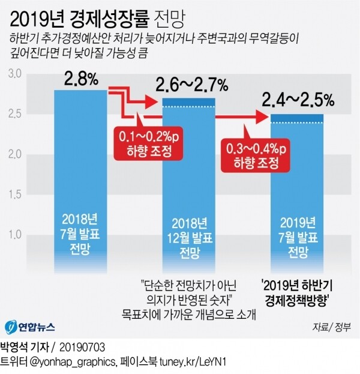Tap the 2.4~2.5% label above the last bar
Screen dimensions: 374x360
297,100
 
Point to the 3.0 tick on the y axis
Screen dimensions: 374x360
14,74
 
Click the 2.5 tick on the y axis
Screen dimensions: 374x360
14,113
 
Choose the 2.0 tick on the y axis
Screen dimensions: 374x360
14,154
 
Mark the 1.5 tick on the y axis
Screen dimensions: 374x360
14,194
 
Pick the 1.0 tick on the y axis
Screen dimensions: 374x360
14,234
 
